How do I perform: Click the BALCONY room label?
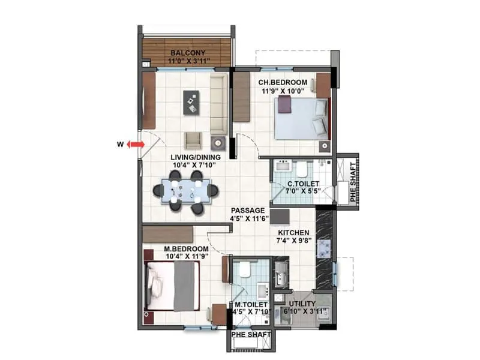point(185,52)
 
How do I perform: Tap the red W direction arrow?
point(136,145)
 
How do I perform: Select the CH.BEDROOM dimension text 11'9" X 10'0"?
point(283,91)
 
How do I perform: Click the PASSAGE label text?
point(249,211)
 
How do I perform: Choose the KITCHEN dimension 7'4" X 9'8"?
point(293,242)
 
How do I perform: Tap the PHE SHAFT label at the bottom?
point(251,335)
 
